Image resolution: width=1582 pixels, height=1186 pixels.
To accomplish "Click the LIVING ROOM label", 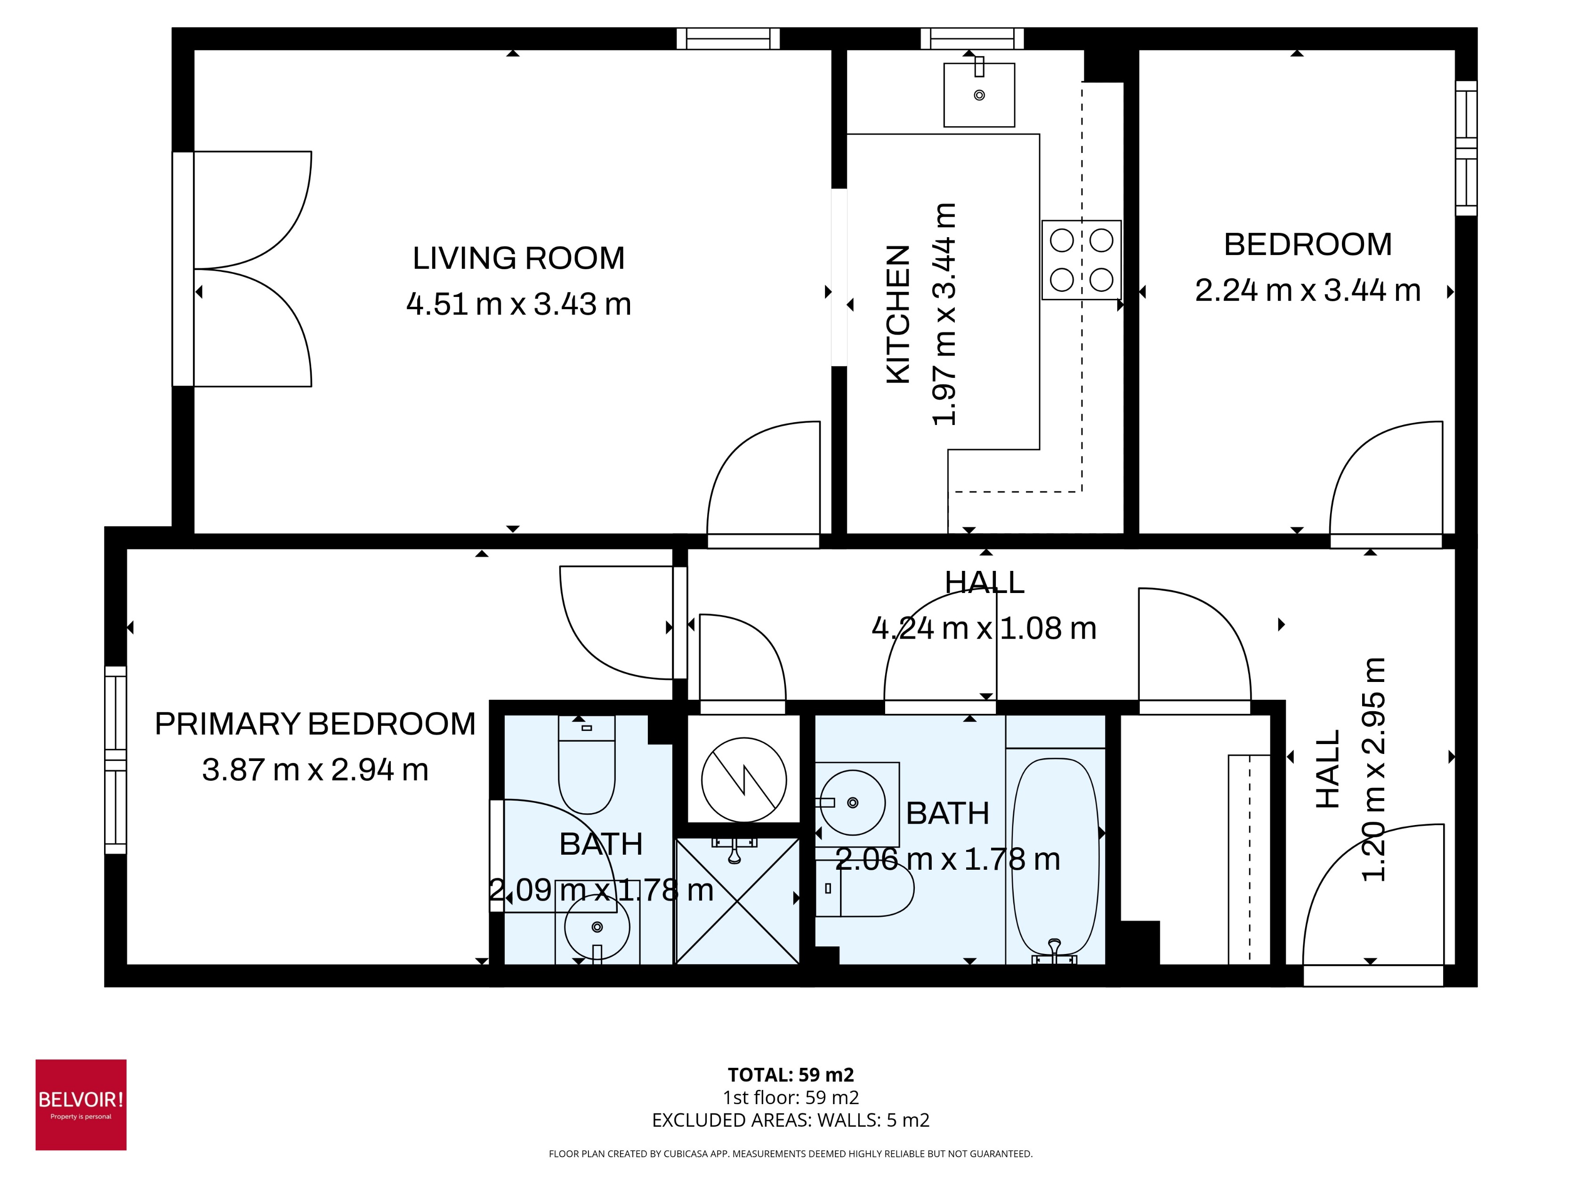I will pos(518,258).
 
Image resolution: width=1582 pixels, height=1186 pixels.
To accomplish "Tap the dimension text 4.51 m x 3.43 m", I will pos(518,305).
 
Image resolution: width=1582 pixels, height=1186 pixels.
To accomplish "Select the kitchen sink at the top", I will pos(978,95).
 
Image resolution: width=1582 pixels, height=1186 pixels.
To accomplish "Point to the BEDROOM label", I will pos(1308,244).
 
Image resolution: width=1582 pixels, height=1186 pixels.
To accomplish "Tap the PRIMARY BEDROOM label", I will pos(315,724).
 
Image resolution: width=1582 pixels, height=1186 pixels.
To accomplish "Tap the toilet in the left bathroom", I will pos(587,772).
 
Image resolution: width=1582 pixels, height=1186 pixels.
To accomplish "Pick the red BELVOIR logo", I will pos(81,1105).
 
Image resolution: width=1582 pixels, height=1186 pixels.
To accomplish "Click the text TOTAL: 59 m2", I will pos(790,1074).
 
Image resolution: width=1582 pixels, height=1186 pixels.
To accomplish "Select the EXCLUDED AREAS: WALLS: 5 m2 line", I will pos(790,1120).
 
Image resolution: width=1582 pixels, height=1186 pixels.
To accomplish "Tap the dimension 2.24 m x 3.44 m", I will pos(1308,291).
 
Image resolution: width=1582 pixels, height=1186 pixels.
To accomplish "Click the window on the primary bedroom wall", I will pos(115,760).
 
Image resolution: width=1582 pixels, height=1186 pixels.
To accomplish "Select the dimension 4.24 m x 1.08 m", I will pos(984,628).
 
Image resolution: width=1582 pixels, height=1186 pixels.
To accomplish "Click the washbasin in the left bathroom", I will pos(597,927).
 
